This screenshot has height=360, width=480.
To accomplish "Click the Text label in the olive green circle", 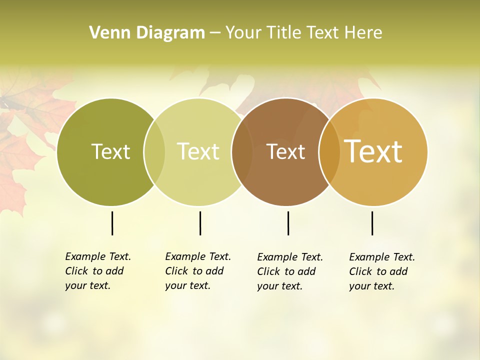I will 110,151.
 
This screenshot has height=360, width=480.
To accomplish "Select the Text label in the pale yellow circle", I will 198,151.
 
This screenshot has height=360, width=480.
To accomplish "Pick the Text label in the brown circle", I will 285,152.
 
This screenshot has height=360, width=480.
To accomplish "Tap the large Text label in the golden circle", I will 373,151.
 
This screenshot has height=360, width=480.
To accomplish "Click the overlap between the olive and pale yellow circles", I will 154,152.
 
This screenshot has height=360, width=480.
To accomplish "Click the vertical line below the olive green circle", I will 112,223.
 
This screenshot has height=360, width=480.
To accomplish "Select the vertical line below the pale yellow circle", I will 200,223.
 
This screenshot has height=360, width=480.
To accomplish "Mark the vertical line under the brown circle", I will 288,223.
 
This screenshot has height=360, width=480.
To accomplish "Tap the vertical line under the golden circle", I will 372,223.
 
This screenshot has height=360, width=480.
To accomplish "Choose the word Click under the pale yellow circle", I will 176,271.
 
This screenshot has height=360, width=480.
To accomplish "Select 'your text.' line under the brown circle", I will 279,286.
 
